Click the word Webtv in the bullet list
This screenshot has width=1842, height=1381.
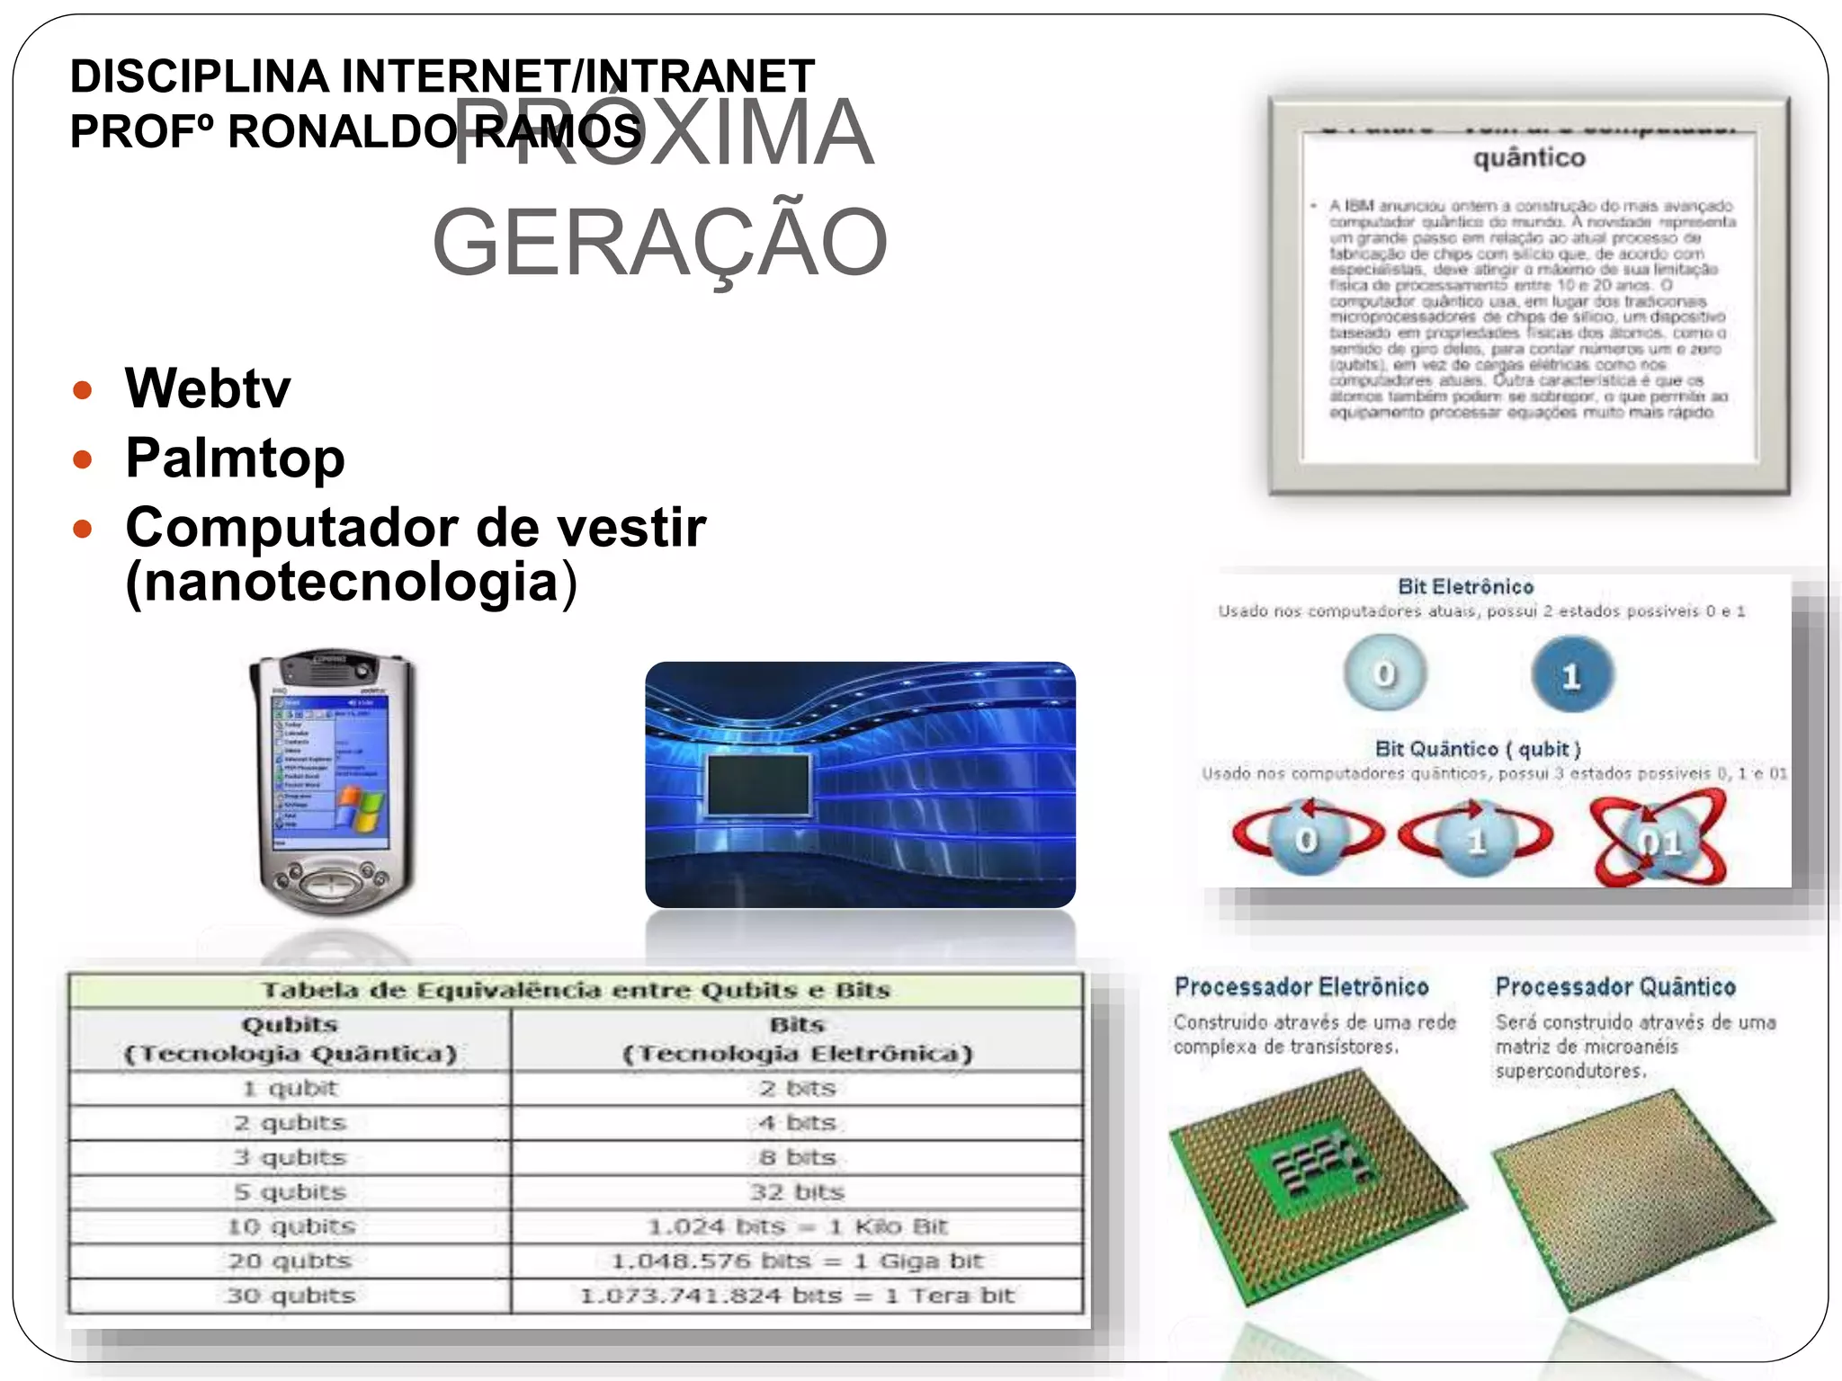pyautogui.click(x=208, y=388)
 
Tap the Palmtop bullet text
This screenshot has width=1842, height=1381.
pyautogui.click(x=235, y=458)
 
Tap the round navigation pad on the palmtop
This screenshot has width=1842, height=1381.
pyautogui.click(x=334, y=881)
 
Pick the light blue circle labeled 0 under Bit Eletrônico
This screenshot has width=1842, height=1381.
pyautogui.click(x=1385, y=673)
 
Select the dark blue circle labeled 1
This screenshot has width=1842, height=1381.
pyautogui.click(x=1571, y=674)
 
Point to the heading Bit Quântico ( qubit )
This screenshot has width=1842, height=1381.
pyautogui.click(x=1477, y=749)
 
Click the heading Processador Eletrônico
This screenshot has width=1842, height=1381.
pyautogui.click(x=1301, y=987)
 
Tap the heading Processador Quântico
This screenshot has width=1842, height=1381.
pyautogui.click(x=1615, y=987)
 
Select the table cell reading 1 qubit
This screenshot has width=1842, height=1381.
pyautogui.click(x=290, y=1089)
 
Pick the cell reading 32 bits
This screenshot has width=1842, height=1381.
pyautogui.click(x=797, y=1192)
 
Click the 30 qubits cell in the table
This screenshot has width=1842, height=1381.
pyautogui.click(x=290, y=1296)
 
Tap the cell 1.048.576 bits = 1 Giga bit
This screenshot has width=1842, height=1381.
pyautogui.click(x=797, y=1261)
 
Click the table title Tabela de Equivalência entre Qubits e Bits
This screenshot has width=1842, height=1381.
pyautogui.click(x=576, y=991)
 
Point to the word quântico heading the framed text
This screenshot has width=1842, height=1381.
pyautogui.click(x=1529, y=158)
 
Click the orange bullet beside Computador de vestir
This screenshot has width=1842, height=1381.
pyautogui.click(x=83, y=528)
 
